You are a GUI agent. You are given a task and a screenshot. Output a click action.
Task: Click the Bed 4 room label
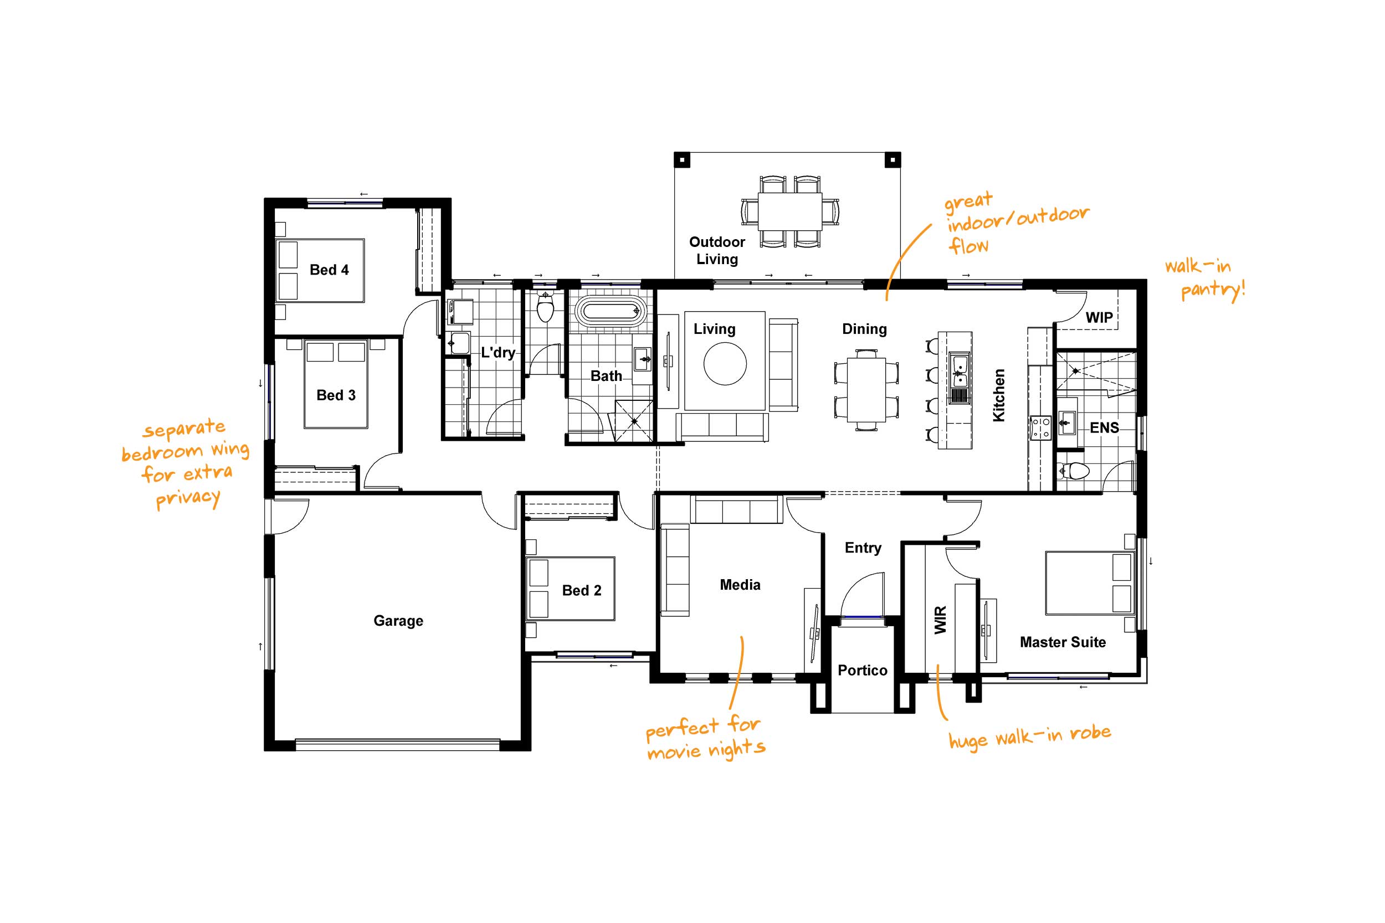coord(329,270)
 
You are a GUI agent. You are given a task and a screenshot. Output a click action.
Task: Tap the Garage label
coord(398,621)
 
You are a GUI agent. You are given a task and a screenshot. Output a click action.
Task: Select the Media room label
coord(740,585)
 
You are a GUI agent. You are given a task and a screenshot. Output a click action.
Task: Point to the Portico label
coord(862,671)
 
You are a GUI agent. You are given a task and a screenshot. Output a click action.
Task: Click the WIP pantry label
coord(1099,318)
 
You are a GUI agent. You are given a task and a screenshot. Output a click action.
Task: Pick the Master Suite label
coord(1063,642)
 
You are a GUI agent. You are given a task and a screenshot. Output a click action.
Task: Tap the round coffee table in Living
coord(725,364)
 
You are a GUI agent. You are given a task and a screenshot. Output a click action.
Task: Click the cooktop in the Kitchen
coord(1040,428)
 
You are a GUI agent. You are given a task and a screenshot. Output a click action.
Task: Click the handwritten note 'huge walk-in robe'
coord(1029,737)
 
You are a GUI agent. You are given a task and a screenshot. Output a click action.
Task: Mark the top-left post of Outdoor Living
coord(682,159)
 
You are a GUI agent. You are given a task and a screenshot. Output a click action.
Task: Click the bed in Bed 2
coord(570,589)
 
